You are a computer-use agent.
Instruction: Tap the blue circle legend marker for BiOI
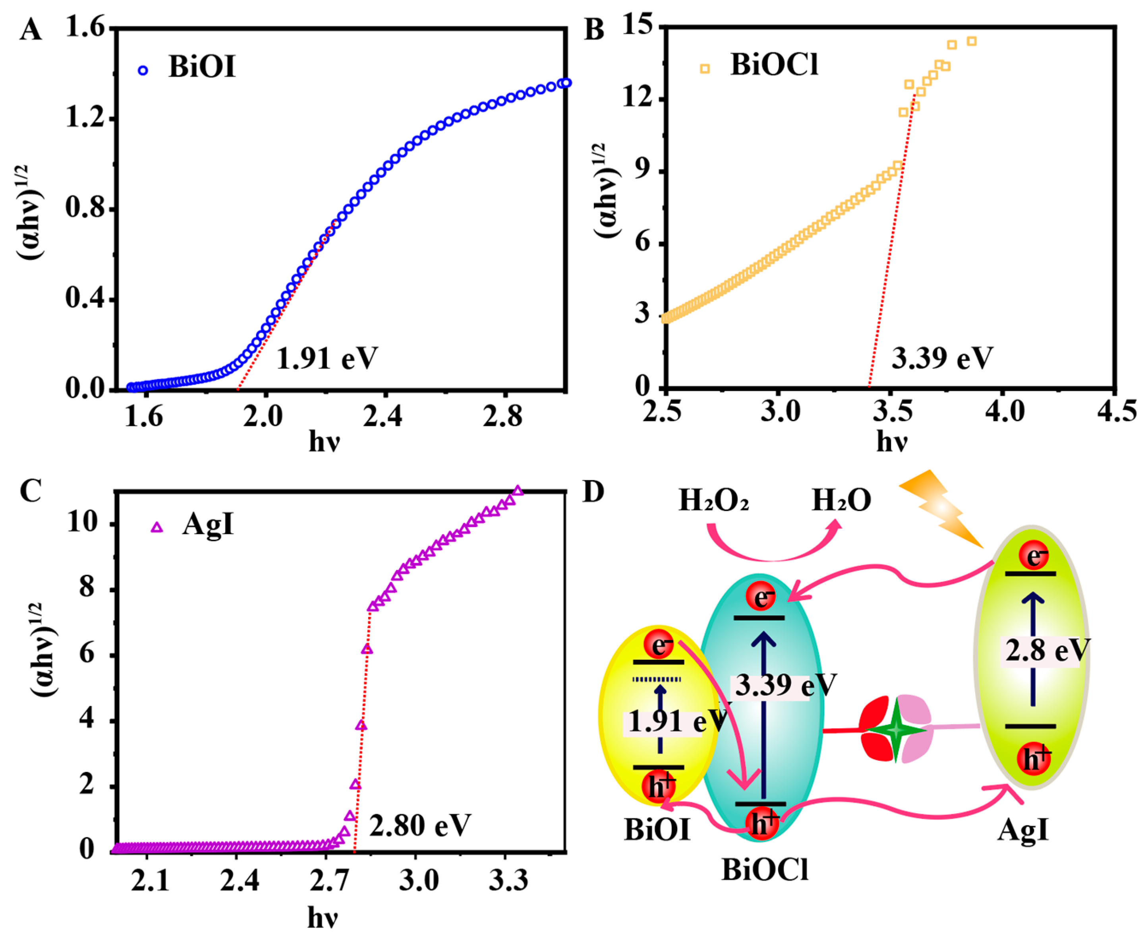[143, 70]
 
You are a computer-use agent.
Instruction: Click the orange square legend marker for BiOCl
[704, 69]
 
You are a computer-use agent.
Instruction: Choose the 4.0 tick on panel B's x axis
[1005, 411]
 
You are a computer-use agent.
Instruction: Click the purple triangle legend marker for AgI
[157, 527]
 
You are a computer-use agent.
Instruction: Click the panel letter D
[593, 493]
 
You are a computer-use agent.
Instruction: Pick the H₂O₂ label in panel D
[713, 501]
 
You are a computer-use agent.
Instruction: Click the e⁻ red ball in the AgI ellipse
[1034, 556]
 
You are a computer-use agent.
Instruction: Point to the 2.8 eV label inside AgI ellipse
[1045, 650]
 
